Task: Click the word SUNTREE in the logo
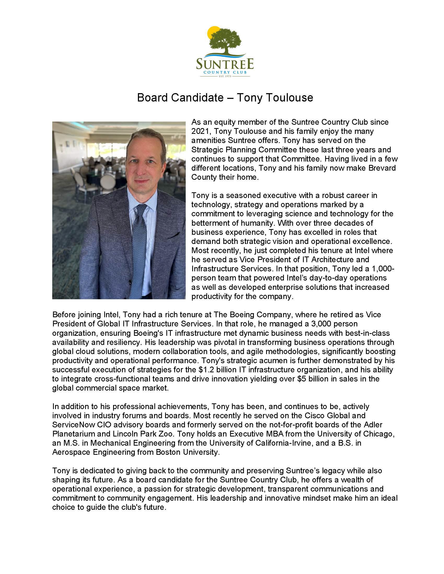225,64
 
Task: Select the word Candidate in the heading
197,98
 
